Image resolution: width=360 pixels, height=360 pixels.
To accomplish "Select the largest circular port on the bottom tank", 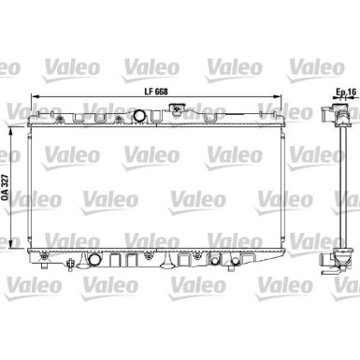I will coord(94,258).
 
